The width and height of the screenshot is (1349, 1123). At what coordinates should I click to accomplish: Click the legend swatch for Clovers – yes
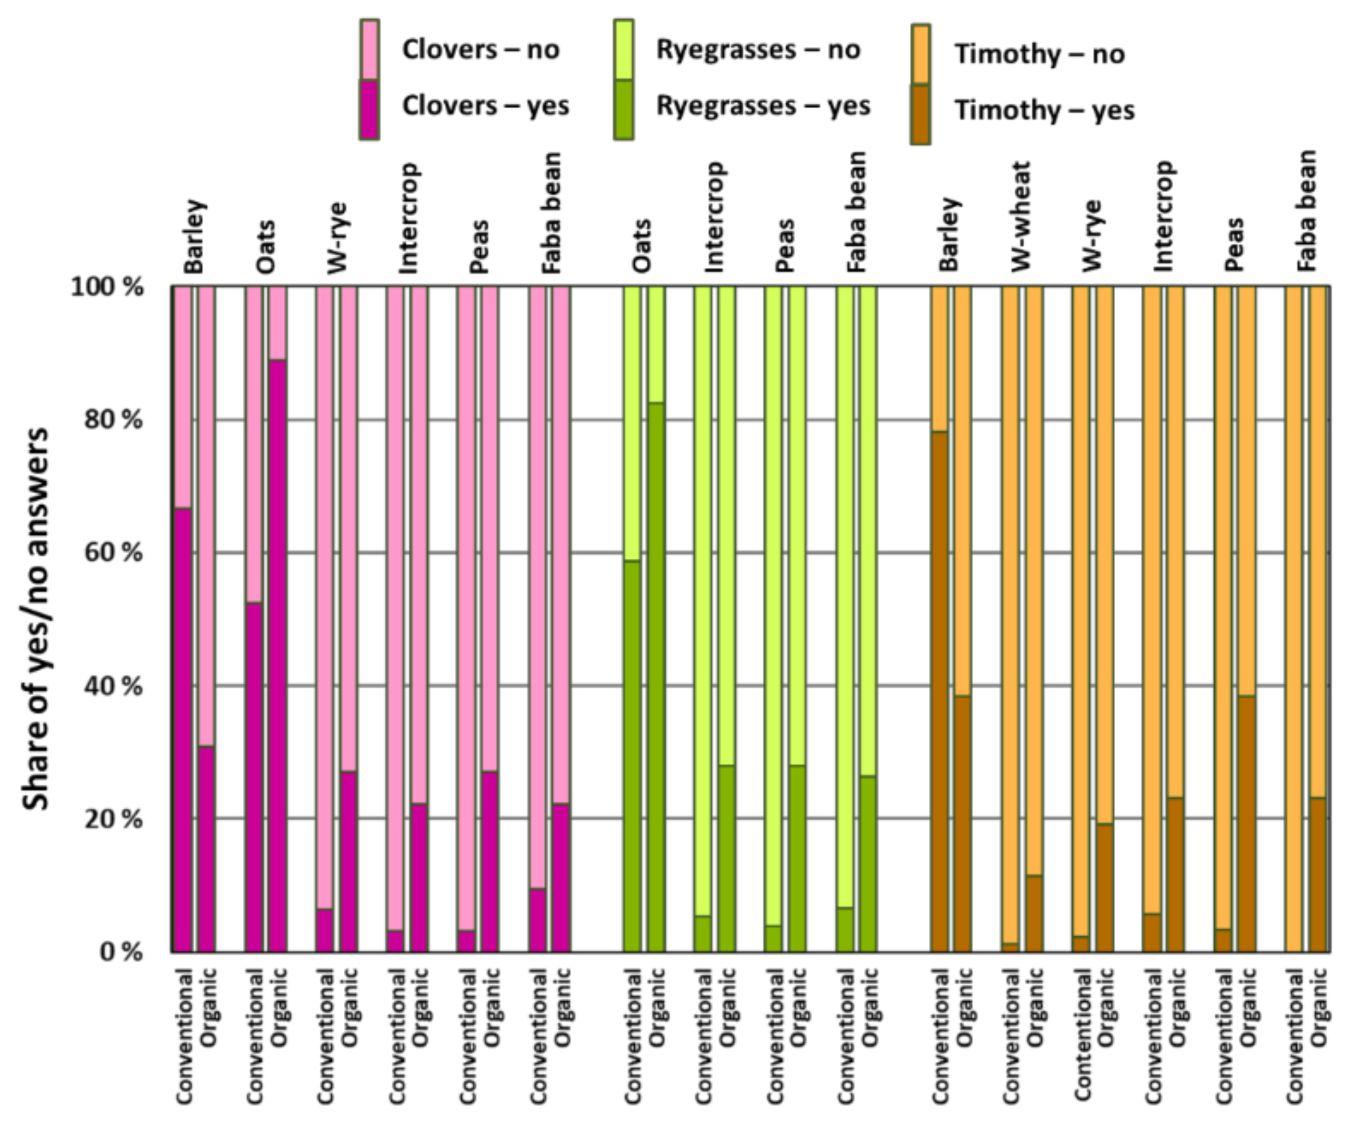pyautogui.click(x=369, y=109)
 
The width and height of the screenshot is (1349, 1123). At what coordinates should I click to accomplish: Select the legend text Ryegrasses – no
pyautogui.click(x=757, y=50)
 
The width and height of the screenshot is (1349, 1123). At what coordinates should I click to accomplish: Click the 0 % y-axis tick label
pyautogui.click(x=121, y=952)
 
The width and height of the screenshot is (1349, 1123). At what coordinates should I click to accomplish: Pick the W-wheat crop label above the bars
pyautogui.click(x=1020, y=217)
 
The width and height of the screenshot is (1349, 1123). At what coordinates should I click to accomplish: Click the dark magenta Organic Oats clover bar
pyautogui.click(x=278, y=655)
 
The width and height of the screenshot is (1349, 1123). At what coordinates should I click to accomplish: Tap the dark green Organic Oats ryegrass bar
pyautogui.click(x=656, y=677)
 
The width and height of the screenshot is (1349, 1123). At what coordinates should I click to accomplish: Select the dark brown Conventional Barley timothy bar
pyautogui.click(x=939, y=691)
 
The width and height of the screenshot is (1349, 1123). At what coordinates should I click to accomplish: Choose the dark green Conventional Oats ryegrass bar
pyautogui.click(x=632, y=756)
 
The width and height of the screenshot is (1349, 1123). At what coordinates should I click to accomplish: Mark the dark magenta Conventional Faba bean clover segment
pyautogui.click(x=538, y=920)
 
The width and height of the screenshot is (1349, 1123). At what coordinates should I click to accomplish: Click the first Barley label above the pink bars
pyautogui.click(x=194, y=236)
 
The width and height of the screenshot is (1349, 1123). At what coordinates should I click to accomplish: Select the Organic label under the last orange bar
pyautogui.click(x=1318, y=1007)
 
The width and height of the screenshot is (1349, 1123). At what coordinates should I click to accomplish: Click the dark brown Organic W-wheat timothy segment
pyautogui.click(x=1034, y=913)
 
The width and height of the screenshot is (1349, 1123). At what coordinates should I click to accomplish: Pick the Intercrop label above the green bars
pyautogui.click(x=714, y=217)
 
